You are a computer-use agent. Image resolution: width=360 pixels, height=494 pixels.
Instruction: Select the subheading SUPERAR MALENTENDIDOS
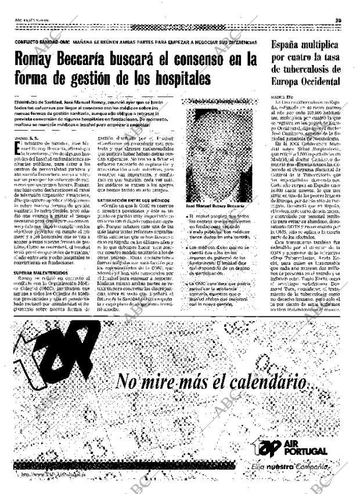(42, 272)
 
